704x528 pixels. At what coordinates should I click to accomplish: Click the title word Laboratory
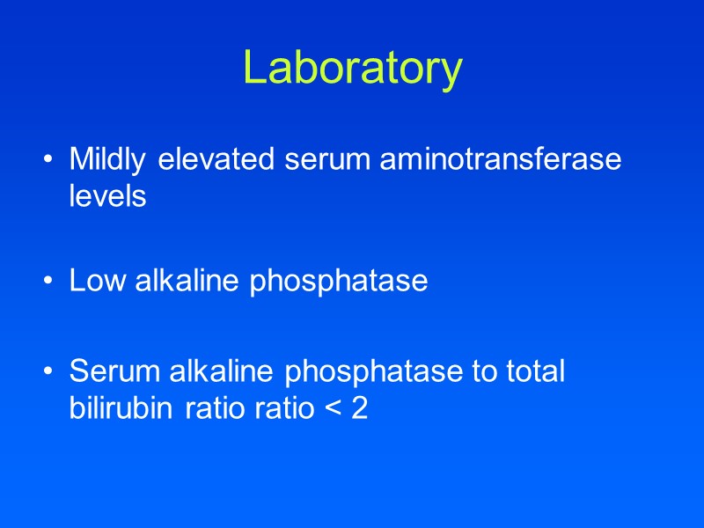point(352,68)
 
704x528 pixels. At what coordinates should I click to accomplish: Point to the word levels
point(107,197)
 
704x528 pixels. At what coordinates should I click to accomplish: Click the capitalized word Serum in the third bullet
point(108,371)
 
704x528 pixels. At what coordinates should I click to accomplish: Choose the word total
point(532,371)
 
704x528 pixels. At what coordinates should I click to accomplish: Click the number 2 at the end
point(359,408)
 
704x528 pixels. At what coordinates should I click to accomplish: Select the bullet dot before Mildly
point(47,162)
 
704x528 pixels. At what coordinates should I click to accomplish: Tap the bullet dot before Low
point(47,282)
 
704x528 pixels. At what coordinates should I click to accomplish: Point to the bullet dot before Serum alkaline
point(47,372)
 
